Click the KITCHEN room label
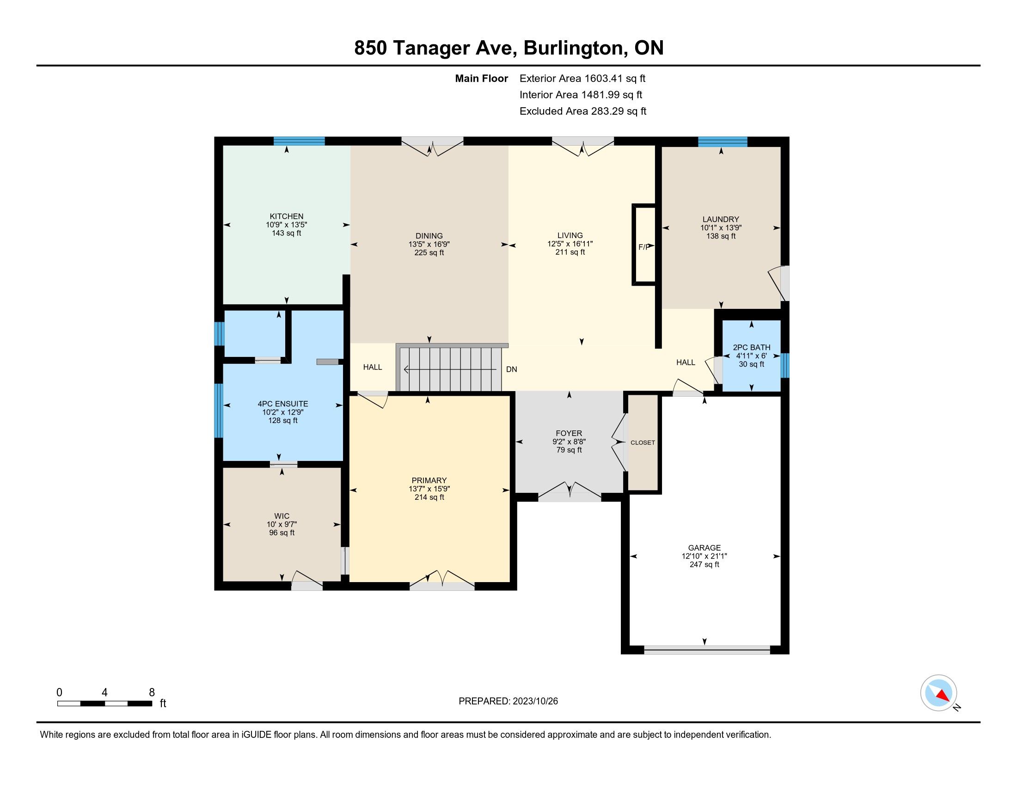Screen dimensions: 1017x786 287,216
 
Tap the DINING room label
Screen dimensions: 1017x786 429,236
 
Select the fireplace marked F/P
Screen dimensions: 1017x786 644,245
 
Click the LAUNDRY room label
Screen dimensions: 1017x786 721,219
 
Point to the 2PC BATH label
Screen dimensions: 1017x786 752,347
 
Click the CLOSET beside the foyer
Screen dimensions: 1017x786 643,442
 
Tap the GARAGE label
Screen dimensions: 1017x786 704,547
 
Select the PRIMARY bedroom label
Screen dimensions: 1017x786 429,480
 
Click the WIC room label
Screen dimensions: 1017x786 282,516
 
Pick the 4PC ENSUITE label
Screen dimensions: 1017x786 282,404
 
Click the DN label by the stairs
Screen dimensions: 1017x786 511,369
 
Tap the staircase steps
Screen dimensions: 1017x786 449,368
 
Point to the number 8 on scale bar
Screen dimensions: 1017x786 152,693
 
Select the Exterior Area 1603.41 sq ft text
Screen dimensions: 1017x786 582,78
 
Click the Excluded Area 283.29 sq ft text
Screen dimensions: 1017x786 583,111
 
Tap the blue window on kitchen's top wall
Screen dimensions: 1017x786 299,141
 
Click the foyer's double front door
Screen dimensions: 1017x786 570,492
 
